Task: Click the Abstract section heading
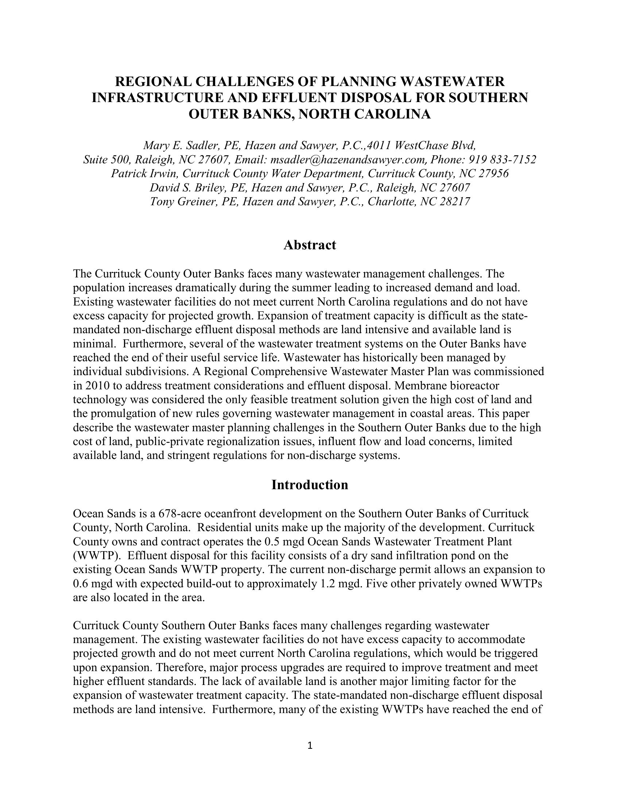pos(310,245)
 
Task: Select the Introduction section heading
pos(310,485)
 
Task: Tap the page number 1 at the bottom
pos(310,745)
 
